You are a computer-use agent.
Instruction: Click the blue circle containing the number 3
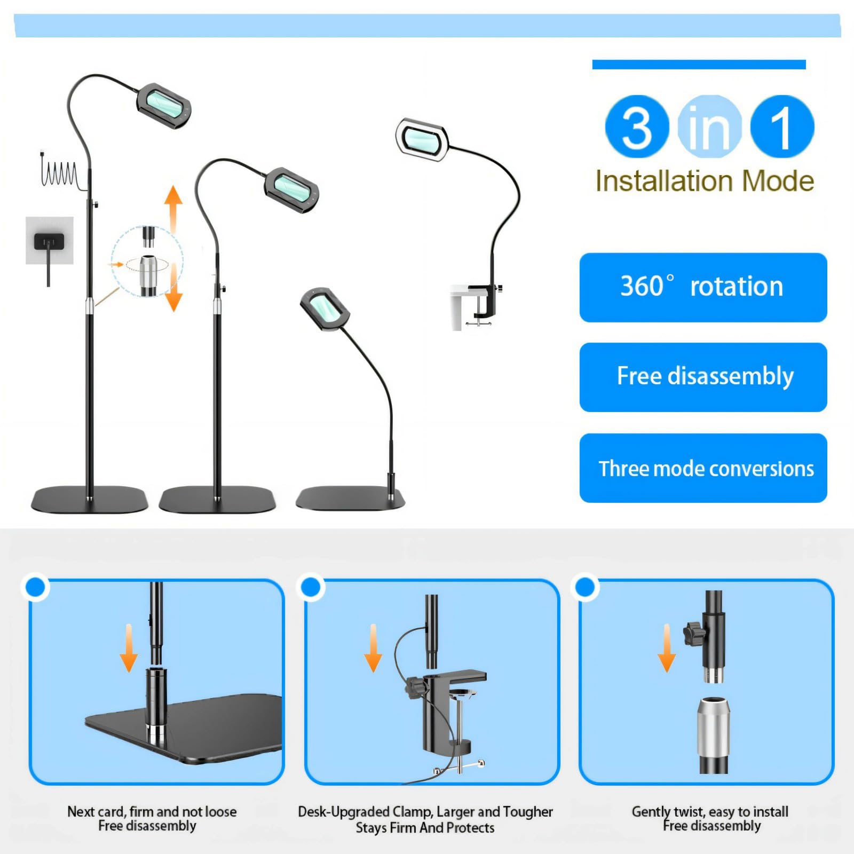[x=637, y=126]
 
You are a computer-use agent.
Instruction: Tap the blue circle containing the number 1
[x=782, y=126]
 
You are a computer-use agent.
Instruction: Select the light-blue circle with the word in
[x=709, y=126]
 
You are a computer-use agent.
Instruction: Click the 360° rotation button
[x=703, y=287]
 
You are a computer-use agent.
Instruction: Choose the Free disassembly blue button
[x=703, y=377]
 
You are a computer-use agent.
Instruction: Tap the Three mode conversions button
[x=703, y=468]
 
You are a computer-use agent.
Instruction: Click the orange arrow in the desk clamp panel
[x=373, y=648]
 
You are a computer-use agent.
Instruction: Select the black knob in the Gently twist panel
[x=693, y=634]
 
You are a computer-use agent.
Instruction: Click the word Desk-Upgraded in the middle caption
[x=344, y=812]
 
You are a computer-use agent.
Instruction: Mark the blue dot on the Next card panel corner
[x=36, y=587]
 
